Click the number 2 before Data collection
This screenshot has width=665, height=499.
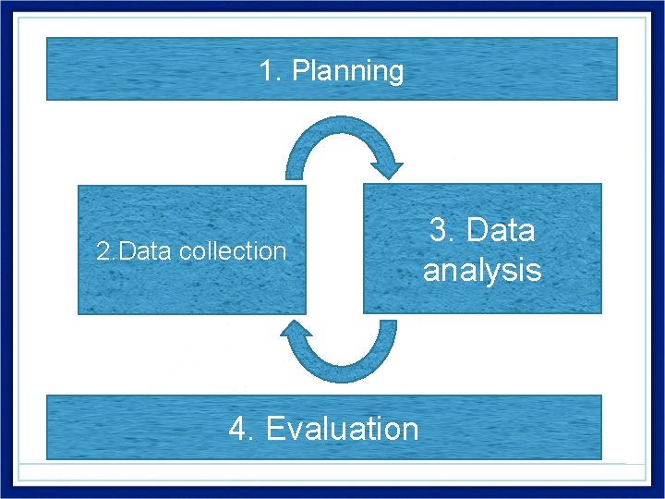tap(103, 251)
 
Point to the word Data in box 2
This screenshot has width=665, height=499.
tap(147, 251)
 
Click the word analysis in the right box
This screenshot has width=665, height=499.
tap(482, 270)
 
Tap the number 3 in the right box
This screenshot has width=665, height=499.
tap(440, 230)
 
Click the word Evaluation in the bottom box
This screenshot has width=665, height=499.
tap(342, 429)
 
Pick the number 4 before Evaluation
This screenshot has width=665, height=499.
tap(237, 429)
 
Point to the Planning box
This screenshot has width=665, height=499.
tap(139, 68)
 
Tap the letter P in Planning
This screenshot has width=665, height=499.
tap(299, 71)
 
